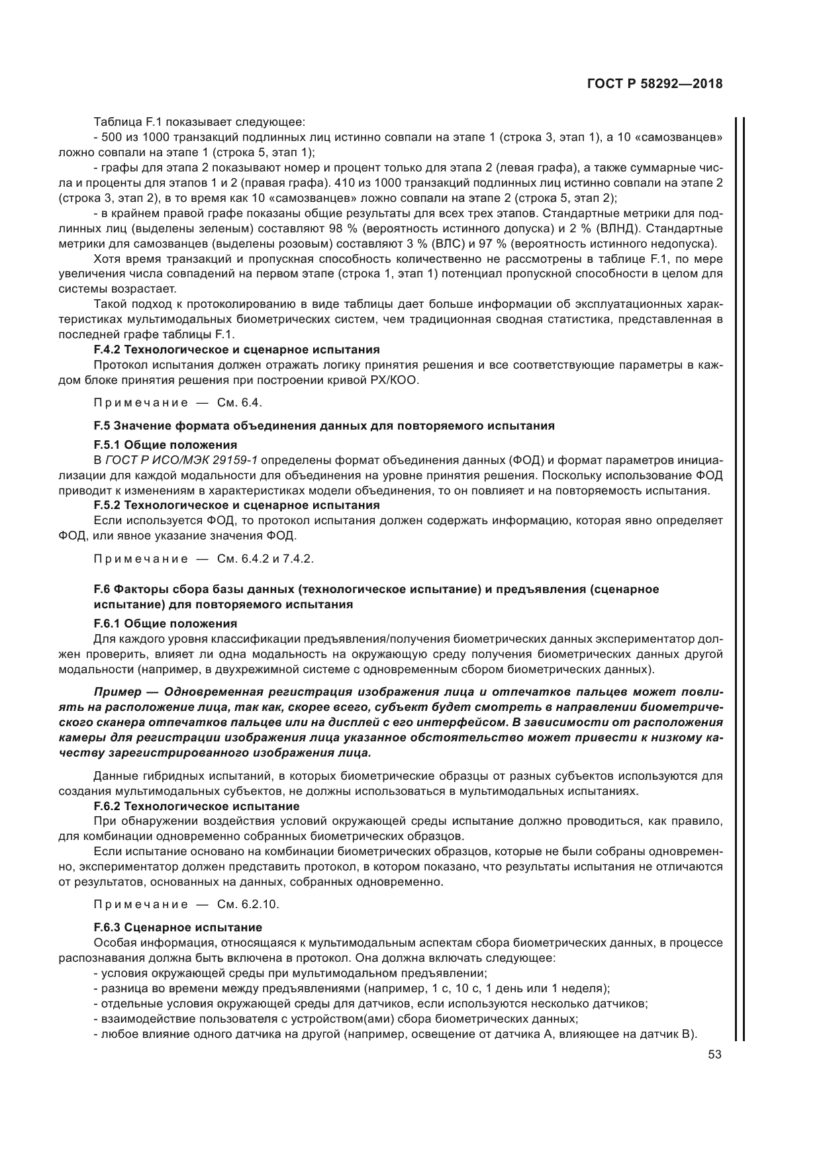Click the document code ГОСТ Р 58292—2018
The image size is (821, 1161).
654,84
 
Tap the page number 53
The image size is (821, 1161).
714,1055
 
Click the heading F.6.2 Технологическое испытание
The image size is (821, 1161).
197,806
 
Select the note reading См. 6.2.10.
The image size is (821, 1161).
186,904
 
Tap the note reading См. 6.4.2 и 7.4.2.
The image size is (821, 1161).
203,558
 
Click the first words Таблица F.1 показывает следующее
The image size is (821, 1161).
199,122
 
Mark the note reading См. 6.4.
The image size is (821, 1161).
178,402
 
